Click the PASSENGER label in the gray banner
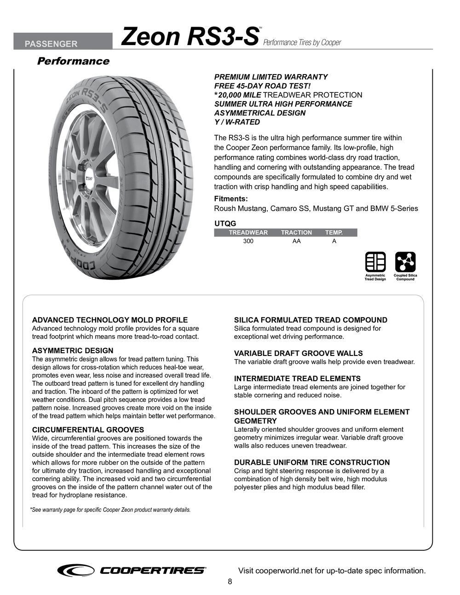[51, 44]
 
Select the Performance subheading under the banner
[73, 61]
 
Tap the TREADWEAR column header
[248, 233]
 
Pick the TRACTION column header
[296, 233]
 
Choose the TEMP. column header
[334, 233]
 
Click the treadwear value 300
[248, 241]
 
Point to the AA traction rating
[296, 241]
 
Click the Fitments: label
[231, 199]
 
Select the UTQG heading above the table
[225, 223]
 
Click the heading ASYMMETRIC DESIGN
[73, 351]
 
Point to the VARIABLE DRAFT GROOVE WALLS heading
[299, 353]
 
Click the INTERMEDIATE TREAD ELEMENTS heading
[297, 378]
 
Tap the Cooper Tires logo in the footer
[132, 571]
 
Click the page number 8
[230, 582]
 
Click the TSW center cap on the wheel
[88, 178]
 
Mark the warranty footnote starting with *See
[110, 510]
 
